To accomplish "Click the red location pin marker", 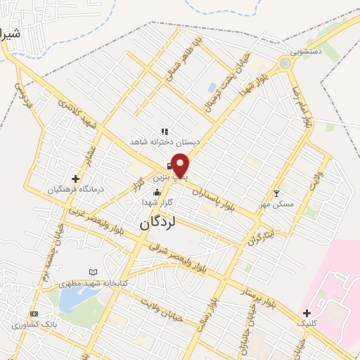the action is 181,165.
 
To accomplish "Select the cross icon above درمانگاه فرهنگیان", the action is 76,179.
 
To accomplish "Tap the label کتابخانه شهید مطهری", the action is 120,282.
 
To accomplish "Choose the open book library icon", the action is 94,272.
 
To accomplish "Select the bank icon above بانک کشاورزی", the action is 34,314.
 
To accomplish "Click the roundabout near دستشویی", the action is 285,63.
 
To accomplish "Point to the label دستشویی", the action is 307,51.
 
